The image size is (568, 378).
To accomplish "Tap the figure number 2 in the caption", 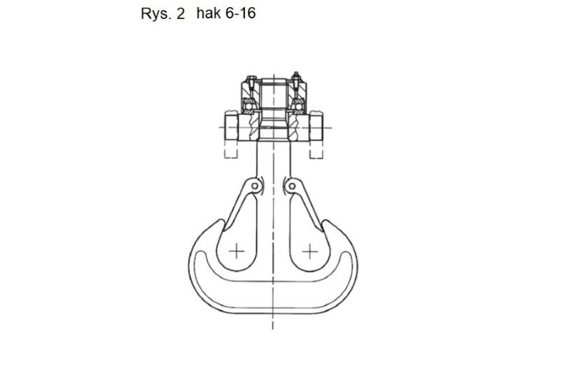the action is pos(180,13).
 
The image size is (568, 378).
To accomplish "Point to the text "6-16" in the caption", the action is pos(240,13).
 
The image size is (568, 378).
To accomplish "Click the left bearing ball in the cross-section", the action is pos(248,106).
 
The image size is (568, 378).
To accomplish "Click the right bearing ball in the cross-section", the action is pos(298,106).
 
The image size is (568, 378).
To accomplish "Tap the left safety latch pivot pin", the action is pos(255,186).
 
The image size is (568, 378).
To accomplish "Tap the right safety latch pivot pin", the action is pos(292,186).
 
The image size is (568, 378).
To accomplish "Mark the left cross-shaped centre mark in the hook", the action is pos(236,251).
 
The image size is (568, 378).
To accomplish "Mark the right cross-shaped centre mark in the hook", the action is pos(310,251).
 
